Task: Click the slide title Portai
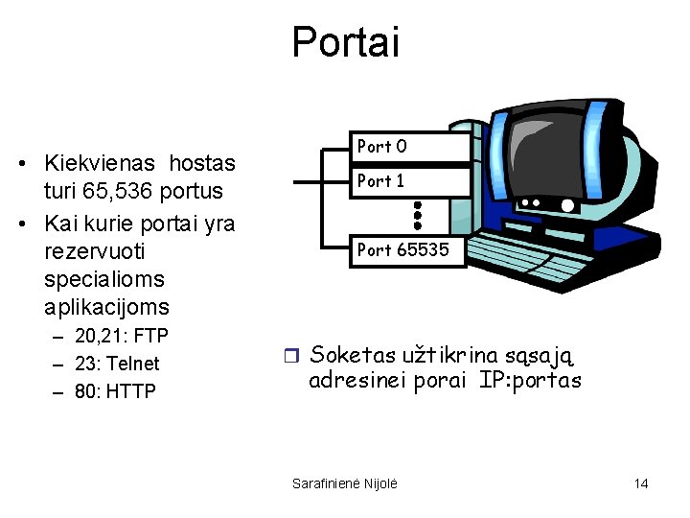coord(345,42)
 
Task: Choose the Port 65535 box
coord(410,250)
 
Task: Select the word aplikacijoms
coord(106,307)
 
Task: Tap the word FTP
coord(150,336)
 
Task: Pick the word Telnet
coord(134,364)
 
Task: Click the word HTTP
coord(132,391)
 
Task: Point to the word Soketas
coord(353,356)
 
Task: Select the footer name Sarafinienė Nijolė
coord(344,483)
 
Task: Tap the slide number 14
coord(641,483)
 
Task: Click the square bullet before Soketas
coord(296,357)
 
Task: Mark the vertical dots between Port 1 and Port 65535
coord(418,215)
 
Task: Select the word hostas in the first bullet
coord(203,163)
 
